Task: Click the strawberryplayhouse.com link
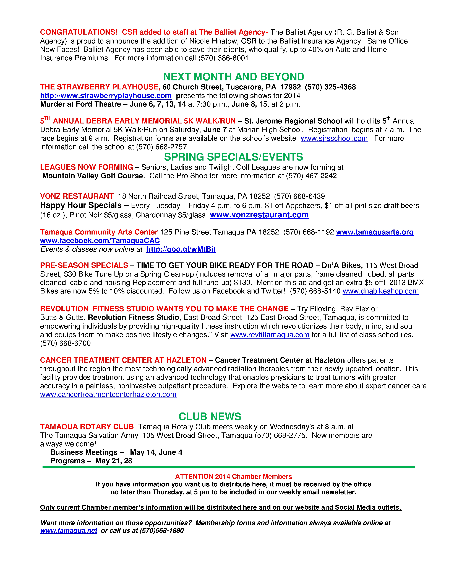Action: [x=106, y=96]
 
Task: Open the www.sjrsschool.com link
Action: [x=334, y=138]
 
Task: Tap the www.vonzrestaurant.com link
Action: [x=259, y=215]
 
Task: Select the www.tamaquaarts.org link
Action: [x=375, y=232]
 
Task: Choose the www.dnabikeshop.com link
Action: [x=381, y=291]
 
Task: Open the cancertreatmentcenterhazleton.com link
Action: [x=108, y=394]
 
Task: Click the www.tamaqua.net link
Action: [x=69, y=530]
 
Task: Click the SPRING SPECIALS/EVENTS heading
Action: [x=233, y=157]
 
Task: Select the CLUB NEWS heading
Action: [x=210, y=417]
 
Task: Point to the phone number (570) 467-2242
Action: [x=311, y=176]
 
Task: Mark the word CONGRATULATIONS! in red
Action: [x=79, y=32]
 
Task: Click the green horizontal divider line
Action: [x=229, y=467]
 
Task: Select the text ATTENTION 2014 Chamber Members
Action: [x=233, y=476]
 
